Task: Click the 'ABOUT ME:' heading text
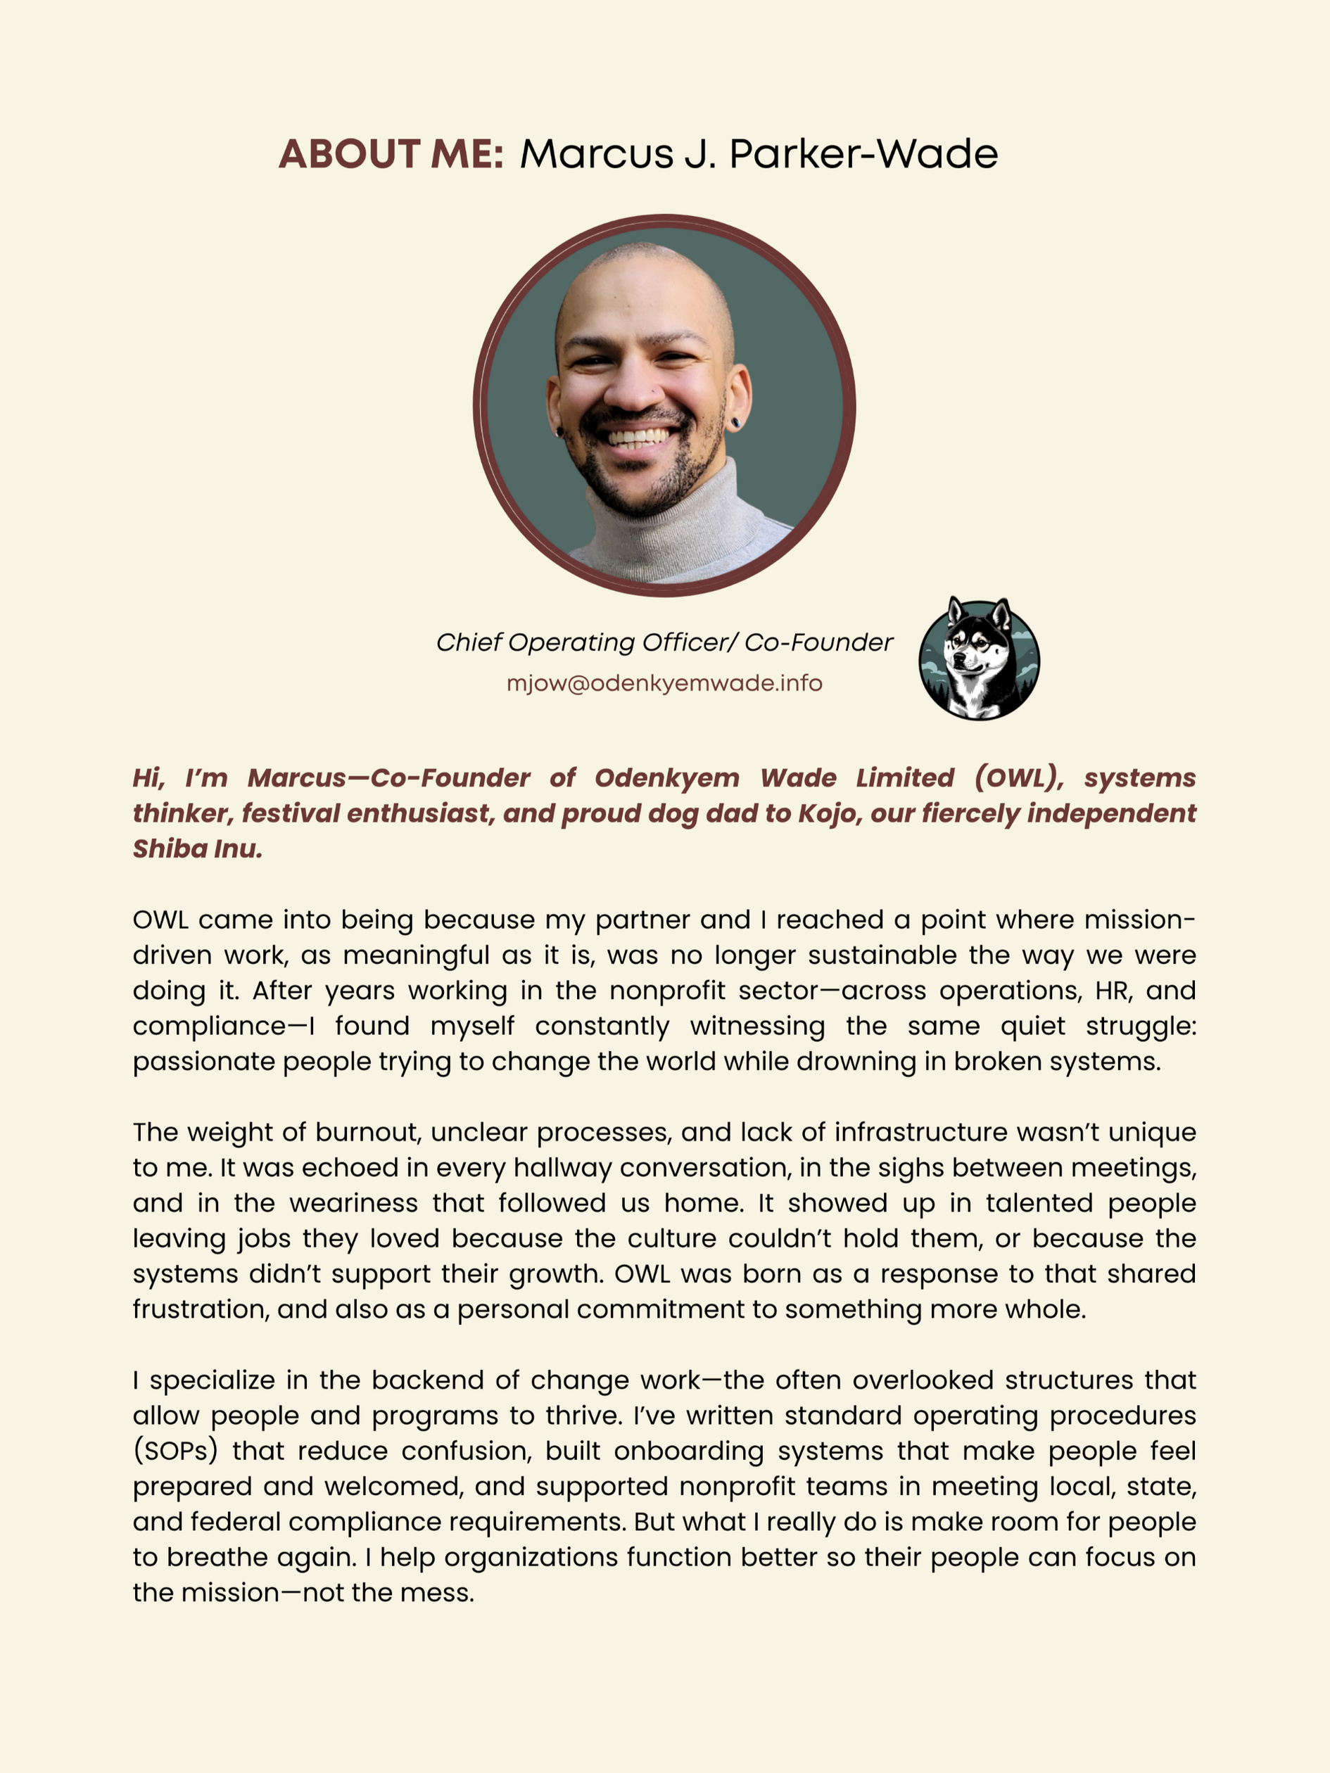pos(391,154)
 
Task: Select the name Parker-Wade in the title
pos(863,154)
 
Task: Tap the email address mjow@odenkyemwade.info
pos(664,683)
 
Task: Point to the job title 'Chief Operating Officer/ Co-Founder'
pos(664,642)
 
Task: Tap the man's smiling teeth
pos(638,438)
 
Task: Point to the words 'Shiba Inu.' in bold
pos(197,848)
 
